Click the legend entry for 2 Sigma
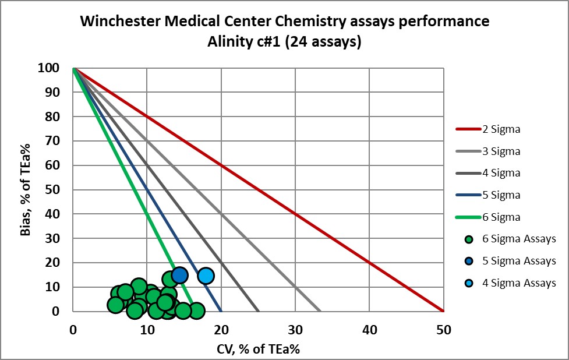[501, 129]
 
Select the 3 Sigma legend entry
[501, 151]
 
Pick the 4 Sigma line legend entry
[501, 173]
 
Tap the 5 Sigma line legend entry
[501, 195]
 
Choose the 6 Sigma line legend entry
[501, 217]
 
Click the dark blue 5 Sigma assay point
[179, 275]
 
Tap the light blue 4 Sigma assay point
[206, 276]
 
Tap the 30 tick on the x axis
[295, 330]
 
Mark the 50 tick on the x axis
[444, 330]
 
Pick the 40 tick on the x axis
[369, 330]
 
